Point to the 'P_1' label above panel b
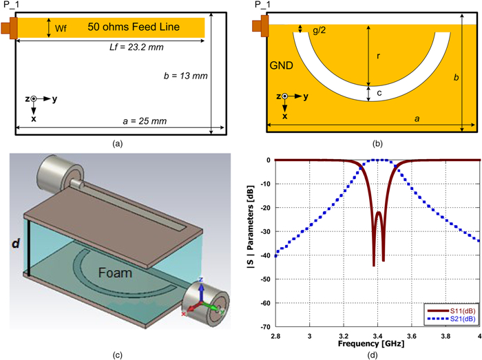click(262, 6)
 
